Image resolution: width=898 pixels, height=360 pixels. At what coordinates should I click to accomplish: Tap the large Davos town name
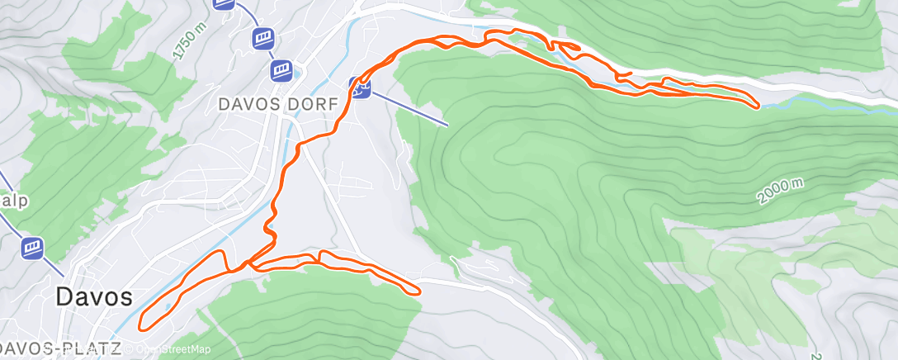point(95,297)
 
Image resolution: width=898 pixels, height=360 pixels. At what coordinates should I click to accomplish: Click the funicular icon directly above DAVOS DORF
point(282,69)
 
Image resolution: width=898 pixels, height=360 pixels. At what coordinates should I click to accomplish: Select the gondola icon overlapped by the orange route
point(359,86)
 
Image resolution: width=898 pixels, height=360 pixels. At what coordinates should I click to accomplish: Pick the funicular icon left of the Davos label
point(33,248)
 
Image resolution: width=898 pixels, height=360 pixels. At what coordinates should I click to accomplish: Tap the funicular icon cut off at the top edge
point(223,3)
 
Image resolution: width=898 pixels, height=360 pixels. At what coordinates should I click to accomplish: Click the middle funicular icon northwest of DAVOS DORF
point(262,37)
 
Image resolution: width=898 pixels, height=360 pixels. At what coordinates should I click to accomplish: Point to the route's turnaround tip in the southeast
point(419,291)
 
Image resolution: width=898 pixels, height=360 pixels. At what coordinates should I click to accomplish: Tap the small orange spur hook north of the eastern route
point(624,75)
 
